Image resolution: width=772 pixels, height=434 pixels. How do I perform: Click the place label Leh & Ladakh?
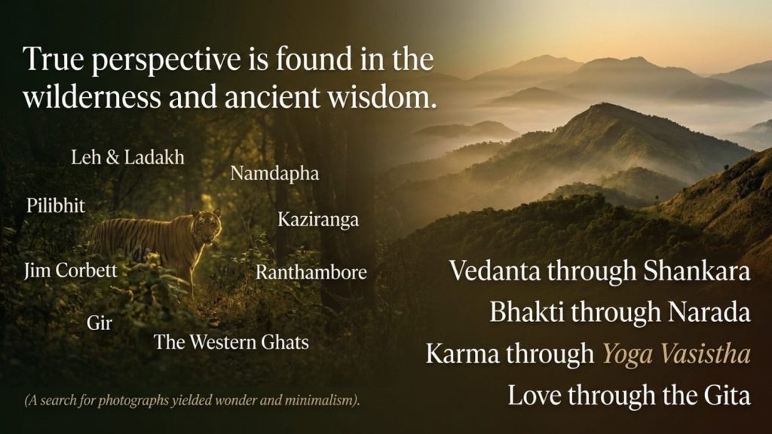point(127,157)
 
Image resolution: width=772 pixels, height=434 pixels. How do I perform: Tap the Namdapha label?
point(274,174)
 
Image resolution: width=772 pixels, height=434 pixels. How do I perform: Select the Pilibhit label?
point(56,205)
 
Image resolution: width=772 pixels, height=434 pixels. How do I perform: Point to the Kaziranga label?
point(318,219)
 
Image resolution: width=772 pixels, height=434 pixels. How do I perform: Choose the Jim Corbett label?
point(71,270)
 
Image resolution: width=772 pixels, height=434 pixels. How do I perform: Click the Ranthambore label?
point(311,272)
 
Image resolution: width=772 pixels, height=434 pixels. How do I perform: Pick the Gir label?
point(100,323)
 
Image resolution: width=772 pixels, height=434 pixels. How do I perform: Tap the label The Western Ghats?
point(231,342)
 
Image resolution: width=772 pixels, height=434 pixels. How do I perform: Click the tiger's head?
point(207,225)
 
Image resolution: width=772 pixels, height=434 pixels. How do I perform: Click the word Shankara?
point(697,271)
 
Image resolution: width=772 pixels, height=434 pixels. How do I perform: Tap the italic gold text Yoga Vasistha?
point(677,354)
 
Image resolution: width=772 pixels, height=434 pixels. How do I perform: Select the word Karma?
point(461,354)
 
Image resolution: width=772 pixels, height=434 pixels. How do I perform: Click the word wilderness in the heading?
point(91,96)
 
